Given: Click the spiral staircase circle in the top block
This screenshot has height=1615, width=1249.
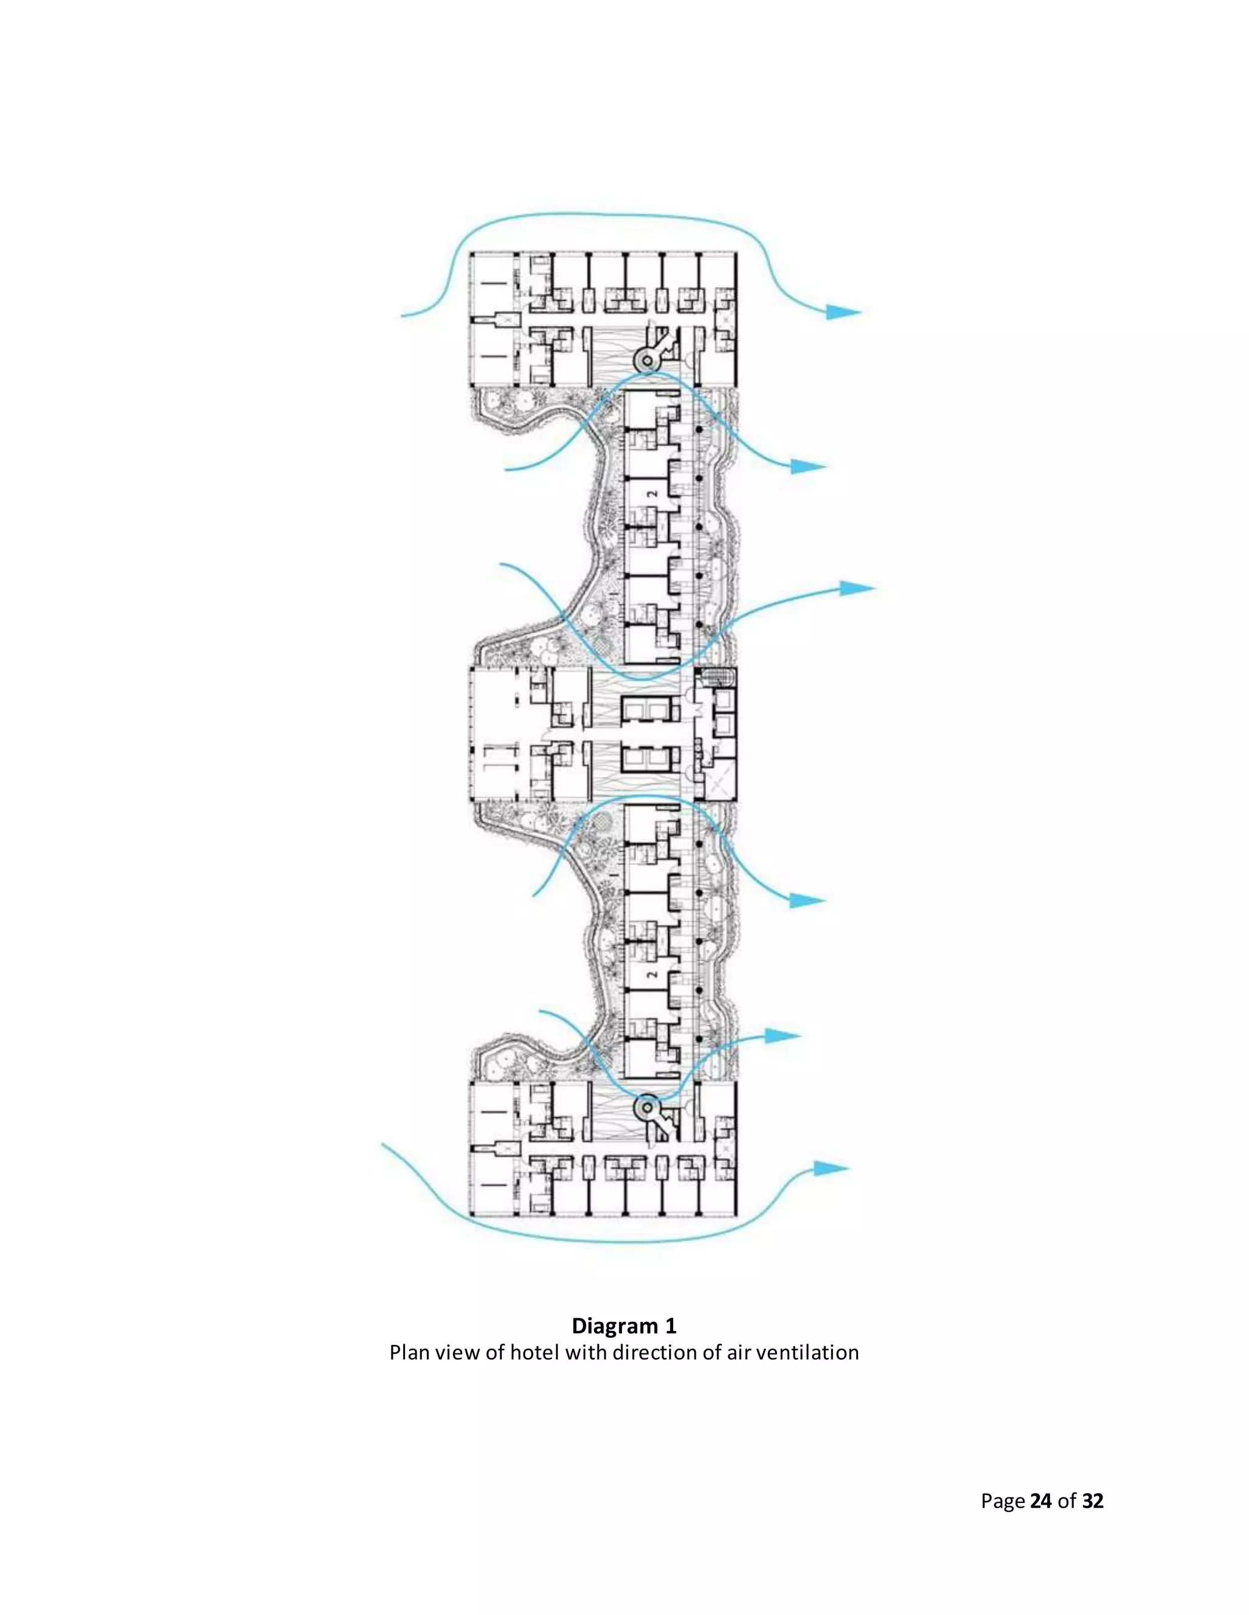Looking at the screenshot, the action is coord(646,361).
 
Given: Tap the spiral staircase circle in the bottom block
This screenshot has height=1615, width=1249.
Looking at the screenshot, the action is coord(646,1108).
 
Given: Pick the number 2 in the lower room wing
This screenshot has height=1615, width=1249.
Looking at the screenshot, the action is coord(652,974).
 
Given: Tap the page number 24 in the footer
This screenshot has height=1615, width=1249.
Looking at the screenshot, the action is coord(1040,1500).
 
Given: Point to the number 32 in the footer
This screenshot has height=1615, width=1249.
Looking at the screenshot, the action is coord(1092,1500).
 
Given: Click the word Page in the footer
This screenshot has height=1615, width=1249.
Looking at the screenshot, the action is coord(1003,1500).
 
